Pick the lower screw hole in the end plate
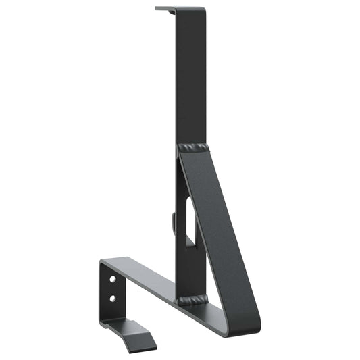point(113,297)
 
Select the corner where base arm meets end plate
point(104,261)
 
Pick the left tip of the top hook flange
point(157,9)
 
